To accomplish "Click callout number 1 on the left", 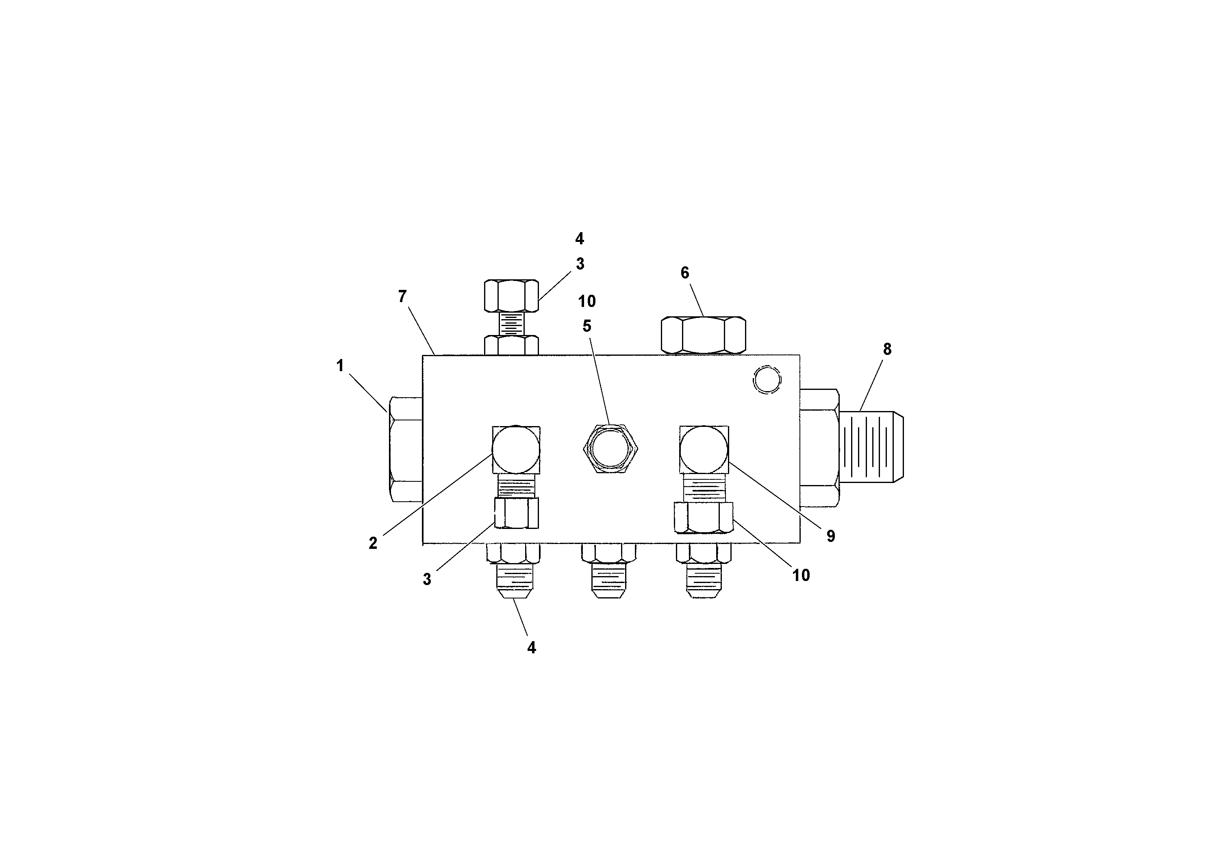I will [340, 365].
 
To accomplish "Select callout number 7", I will [402, 297].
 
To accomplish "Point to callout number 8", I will [887, 349].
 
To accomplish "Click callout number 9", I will [830, 536].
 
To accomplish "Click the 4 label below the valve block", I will [531, 648].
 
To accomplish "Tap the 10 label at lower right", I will [801, 575].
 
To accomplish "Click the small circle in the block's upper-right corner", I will [767, 380].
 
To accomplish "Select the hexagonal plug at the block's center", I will [610, 448].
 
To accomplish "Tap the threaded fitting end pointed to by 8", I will [872, 446].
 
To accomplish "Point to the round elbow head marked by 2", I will [515, 449].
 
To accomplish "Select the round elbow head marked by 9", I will [704, 449].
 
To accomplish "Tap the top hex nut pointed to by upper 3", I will [511, 296].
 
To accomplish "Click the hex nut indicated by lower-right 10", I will [704, 517].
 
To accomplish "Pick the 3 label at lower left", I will [427, 579].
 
